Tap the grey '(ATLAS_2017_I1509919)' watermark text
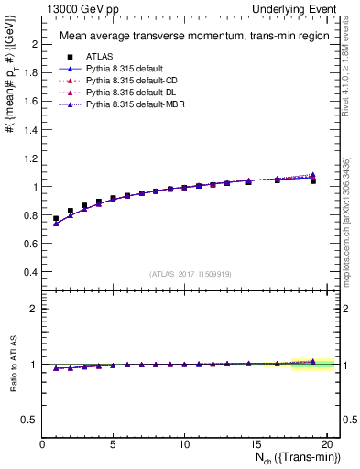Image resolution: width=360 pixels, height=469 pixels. point(190,274)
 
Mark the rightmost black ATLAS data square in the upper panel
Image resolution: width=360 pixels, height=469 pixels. point(313,181)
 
